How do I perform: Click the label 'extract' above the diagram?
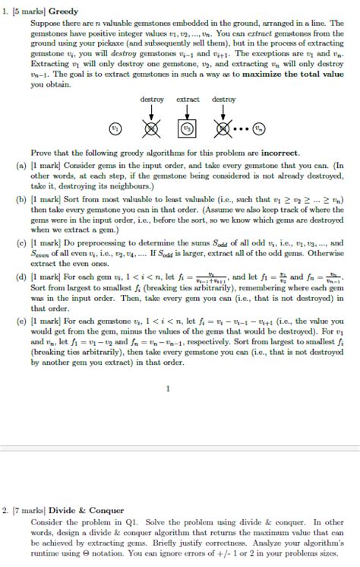[x=188, y=100]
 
